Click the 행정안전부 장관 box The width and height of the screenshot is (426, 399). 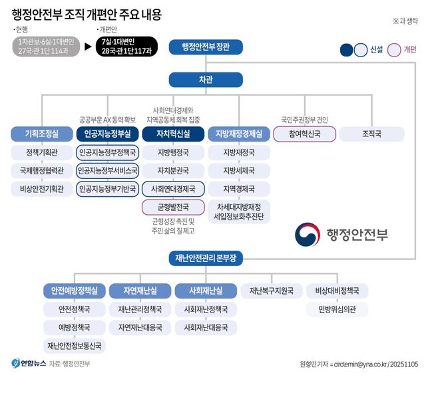205,47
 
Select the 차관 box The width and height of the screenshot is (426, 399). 205,80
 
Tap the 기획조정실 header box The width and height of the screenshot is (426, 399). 41,134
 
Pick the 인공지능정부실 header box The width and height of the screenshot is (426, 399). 107,134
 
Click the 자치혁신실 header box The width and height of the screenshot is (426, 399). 173,134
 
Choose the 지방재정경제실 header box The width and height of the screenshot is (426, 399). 238,134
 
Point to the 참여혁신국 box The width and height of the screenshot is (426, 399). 304,134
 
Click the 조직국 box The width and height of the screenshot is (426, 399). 371,134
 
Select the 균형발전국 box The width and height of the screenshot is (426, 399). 173,207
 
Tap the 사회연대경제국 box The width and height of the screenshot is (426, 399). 173,189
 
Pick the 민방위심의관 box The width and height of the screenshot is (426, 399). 337,309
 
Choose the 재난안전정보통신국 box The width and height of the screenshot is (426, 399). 74,345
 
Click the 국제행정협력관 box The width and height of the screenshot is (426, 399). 41,171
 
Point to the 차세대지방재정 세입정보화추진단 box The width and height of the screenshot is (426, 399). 238,211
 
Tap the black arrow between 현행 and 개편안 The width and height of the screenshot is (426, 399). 88,47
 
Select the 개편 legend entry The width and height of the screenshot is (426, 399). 402,50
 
